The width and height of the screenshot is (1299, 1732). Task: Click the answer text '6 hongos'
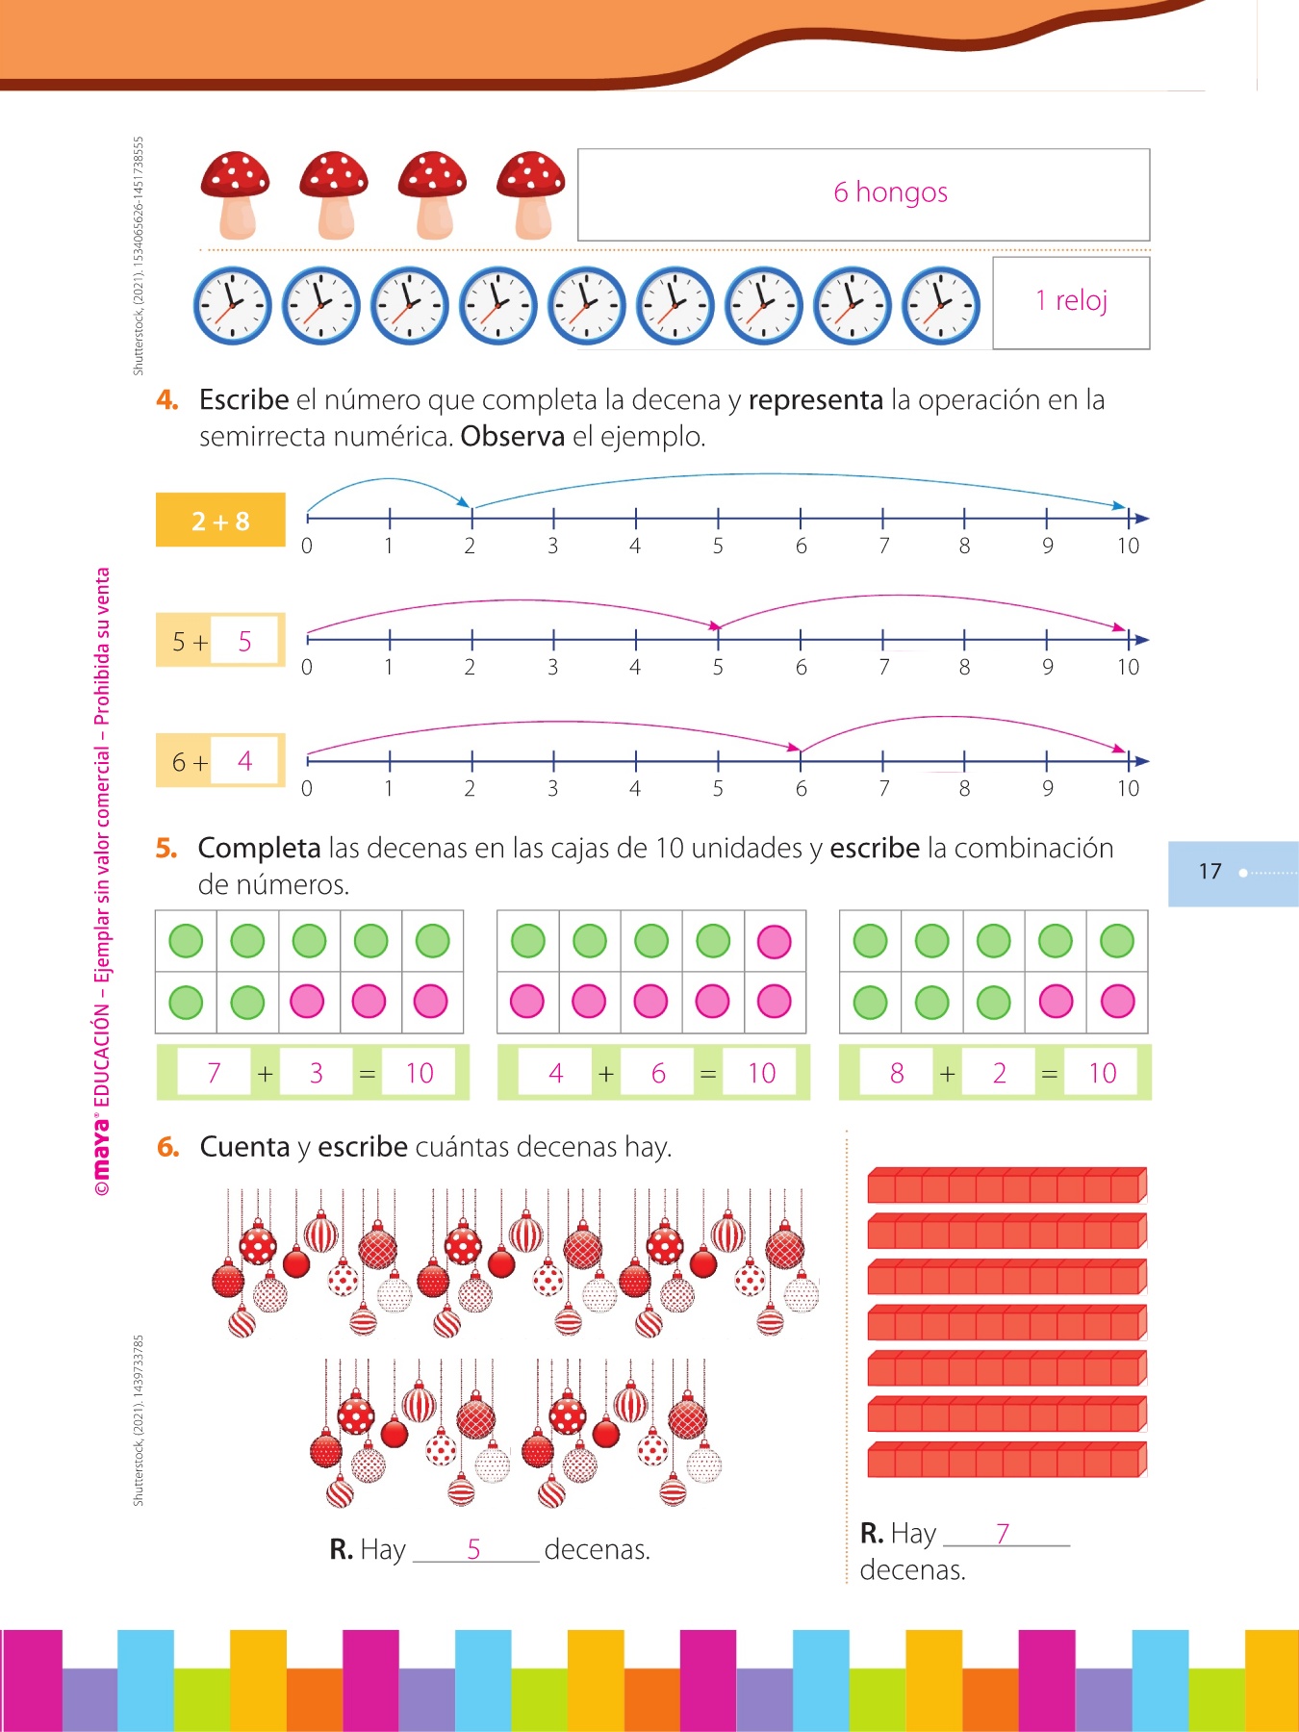[890, 192]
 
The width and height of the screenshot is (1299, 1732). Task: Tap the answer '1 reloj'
[1071, 301]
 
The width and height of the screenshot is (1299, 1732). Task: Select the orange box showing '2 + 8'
[220, 521]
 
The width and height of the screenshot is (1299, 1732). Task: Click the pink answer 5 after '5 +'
[245, 642]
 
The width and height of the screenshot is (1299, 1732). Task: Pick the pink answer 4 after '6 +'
[245, 762]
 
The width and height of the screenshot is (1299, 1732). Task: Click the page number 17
[1210, 872]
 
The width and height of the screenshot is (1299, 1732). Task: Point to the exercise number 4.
[167, 400]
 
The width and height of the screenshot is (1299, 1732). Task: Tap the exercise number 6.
[168, 1147]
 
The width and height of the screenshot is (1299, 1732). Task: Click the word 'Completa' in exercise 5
[259, 849]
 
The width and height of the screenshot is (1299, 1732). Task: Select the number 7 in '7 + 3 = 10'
[215, 1073]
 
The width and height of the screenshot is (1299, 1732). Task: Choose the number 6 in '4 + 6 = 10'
[658, 1073]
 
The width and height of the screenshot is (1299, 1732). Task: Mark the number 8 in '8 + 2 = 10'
[897, 1073]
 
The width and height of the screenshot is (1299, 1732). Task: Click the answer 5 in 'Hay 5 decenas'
[473, 1549]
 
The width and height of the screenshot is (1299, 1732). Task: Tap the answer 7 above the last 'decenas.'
[1003, 1533]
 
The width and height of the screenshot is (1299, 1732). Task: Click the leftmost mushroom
[236, 194]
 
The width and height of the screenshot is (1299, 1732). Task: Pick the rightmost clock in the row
[941, 306]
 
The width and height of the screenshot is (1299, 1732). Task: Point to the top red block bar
[1006, 1185]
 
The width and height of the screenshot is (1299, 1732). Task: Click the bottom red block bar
[1006, 1460]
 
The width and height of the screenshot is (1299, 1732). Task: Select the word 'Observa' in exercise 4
[512, 437]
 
